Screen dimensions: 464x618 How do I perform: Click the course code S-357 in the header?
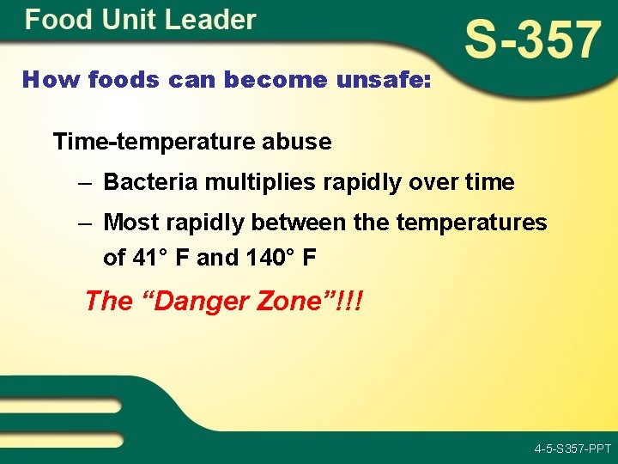coord(532,40)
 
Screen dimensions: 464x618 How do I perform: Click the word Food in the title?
coord(52,20)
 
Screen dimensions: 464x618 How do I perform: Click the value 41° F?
coord(161,256)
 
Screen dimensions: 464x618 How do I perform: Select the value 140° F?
coord(251,256)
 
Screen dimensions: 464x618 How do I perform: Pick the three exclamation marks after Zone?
coord(350,301)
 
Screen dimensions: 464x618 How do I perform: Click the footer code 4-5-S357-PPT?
coord(572,449)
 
